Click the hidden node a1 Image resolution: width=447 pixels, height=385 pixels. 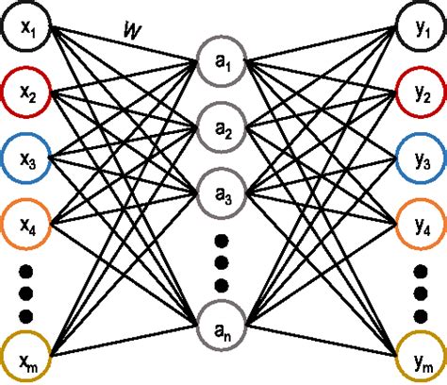223,65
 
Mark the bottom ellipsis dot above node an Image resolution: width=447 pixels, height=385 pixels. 223,285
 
